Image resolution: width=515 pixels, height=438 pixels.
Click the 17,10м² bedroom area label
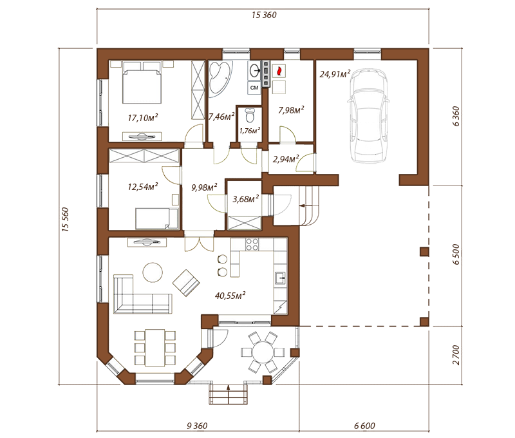coord(143,117)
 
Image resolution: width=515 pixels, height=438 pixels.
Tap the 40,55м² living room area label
coord(230,296)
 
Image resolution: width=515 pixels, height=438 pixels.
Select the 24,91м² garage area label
coord(335,73)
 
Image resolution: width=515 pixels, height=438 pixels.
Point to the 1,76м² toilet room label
coord(250,131)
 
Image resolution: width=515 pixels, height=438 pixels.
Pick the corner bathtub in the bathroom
coord(220,78)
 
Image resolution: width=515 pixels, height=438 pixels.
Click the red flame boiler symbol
coord(279,71)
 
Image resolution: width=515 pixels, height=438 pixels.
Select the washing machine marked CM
coord(254,88)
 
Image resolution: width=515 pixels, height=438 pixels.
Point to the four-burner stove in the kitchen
coord(252,245)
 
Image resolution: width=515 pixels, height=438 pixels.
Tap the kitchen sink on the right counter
coord(281,278)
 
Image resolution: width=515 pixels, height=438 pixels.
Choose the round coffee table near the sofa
coord(153,272)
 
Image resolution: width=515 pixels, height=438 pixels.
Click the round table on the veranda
coord(263,352)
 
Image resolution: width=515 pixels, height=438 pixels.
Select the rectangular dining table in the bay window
coord(154,348)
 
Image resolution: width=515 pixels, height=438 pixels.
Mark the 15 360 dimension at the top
coord(264,15)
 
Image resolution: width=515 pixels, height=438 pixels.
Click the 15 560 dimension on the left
coord(66,220)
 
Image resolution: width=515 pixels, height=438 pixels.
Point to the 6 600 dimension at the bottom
coord(364,426)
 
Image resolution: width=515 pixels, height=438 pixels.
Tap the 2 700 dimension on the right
coord(456,355)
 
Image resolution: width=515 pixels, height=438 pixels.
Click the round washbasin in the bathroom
coord(254,70)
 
